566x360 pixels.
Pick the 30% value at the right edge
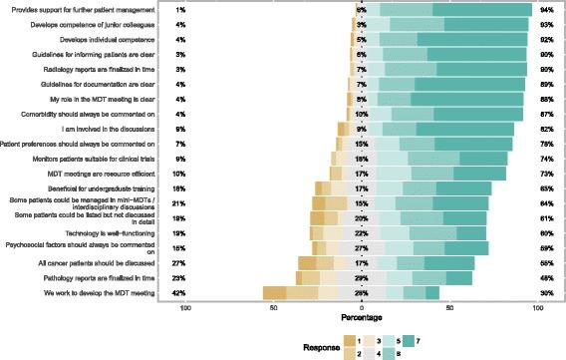pos(546,293)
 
